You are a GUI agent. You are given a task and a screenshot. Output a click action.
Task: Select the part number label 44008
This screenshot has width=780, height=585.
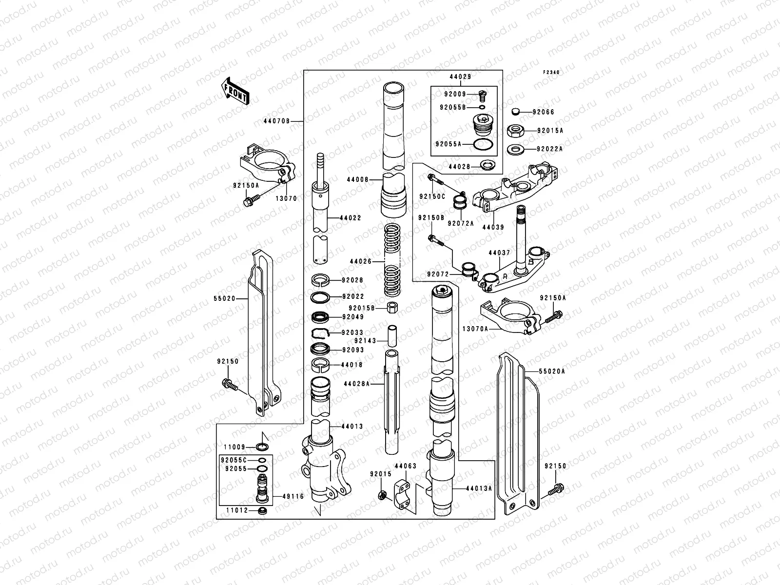click(357, 179)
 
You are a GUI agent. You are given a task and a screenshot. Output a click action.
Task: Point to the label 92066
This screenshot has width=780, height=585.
click(543, 112)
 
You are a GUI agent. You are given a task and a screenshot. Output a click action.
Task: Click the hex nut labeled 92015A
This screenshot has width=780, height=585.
click(516, 130)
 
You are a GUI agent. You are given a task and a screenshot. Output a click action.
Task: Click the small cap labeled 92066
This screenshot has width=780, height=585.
click(516, 112)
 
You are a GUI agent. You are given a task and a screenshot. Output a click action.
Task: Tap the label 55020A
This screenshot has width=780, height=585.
click(552, 371)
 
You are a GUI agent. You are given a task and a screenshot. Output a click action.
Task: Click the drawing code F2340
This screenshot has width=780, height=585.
click(552, 72)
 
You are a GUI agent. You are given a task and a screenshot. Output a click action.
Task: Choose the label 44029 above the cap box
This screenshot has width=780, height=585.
click(460, 78)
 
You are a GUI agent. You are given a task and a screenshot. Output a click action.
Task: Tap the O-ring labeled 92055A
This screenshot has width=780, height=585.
click(482, 144)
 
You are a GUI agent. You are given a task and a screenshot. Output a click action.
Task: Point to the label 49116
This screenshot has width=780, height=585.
click(292, 497)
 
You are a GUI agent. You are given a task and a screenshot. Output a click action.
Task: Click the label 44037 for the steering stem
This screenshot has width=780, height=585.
click(499, 253)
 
